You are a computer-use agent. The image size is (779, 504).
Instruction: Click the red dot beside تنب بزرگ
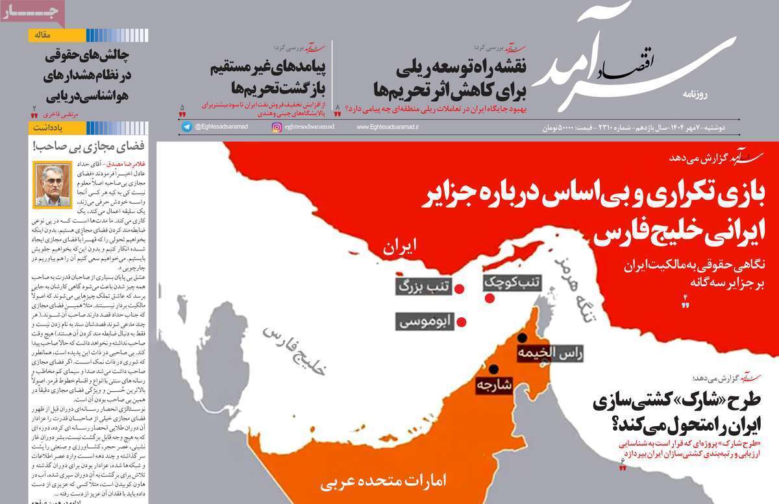point(458,289)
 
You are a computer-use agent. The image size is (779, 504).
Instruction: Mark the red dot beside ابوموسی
point(462,322)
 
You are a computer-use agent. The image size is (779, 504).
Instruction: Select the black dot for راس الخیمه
point(521,338)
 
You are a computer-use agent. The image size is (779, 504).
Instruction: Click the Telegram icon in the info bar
point(187,127)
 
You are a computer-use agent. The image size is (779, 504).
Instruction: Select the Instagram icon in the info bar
point(277,127)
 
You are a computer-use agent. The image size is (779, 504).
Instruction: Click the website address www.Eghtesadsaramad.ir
point(387,127)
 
